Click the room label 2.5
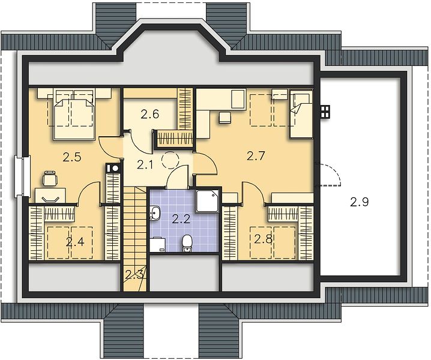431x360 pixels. (x=72, y=158)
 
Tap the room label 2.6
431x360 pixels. (x=150, y=114)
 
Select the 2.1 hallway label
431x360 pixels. (x=145, y=165)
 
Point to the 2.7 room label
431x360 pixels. (x=256, y=156)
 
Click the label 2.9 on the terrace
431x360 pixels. (x=360, y=202)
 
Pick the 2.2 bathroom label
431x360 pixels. (x=181, y=219)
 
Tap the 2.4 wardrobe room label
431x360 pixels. (x=75, y=242)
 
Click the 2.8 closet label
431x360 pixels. (x=263, y=239)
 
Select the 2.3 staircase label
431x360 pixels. (x=134, y=274)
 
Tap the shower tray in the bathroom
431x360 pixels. (x=207, y=200)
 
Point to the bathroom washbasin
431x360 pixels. (x=155, y=213)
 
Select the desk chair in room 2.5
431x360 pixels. (x=50, y=179)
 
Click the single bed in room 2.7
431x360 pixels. (x=301, y=114)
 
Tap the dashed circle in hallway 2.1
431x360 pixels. (x=170, y=160)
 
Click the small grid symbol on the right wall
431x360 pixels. (x=325, y=112)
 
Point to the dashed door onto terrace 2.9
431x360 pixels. (x=328, y=175)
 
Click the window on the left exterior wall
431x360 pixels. (x=22, y=176)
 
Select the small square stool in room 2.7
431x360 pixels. (x=225, y=118)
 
